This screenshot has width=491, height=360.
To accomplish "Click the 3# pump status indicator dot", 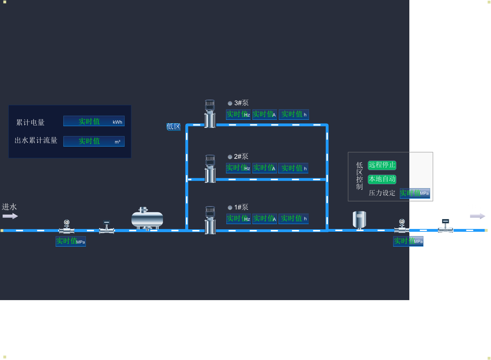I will point(230,104).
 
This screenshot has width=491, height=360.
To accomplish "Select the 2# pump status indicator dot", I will point(230,157).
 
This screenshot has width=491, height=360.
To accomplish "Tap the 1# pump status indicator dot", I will point(230,208).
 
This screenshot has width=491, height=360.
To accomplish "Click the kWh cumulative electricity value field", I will point(94,121).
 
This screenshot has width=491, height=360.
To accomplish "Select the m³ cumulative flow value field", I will point(94,141).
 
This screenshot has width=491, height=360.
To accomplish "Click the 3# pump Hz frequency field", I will point(238,114).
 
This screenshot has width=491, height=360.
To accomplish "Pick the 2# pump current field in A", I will point(265,168).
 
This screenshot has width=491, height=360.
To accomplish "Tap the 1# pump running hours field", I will point(294,219).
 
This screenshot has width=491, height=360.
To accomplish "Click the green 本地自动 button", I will point(382,179).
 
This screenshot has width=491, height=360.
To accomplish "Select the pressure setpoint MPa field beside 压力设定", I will point(415,193).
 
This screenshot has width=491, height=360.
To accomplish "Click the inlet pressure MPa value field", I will point(70,241).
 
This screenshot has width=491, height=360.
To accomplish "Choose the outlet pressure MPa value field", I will point(408,241).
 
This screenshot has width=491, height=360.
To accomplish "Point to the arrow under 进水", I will point(10,216).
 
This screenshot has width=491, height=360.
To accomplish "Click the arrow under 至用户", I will point(478,216).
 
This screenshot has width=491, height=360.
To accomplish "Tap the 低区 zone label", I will point(174,127).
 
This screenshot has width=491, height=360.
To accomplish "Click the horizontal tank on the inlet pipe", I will point(147,219).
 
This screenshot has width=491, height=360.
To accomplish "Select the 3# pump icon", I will point(210,113).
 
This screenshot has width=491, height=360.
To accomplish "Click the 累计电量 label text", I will point(31,123).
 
